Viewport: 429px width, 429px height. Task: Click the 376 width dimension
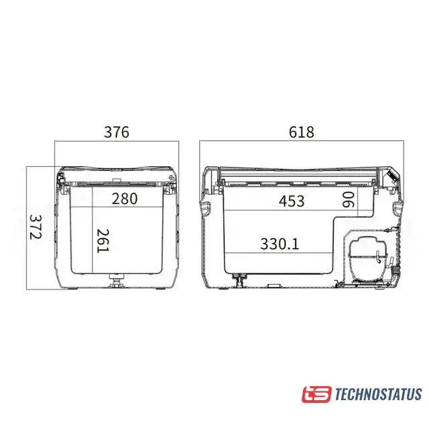point(116,132)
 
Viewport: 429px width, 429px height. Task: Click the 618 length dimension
point(301,132)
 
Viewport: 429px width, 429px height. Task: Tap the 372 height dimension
point(36,227)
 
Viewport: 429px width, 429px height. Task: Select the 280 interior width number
point(125,198)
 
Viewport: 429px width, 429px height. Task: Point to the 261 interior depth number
point(103,241)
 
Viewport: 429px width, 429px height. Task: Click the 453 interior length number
point(292,201)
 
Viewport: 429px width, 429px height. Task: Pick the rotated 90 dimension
point(349,200)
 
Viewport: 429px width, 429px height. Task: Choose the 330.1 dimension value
point(280,244)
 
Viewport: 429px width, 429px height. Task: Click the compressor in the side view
point(367,257)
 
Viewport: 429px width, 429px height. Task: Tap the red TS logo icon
point(316,394)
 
